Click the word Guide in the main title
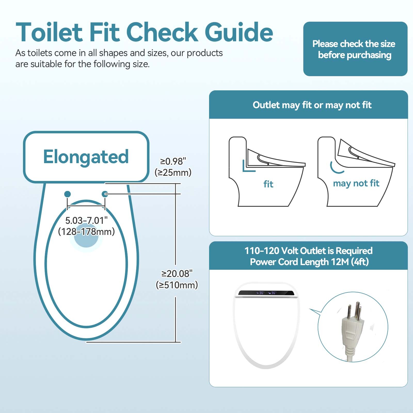pyautogui.click(x=239, y=32)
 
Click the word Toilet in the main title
pyautogui.click(x=49, y=32)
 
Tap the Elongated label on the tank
pyautogui.click(x=86, y=157)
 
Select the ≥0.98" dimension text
pyautogui.click(x=173, y=161)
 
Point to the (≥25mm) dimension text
pyautogui.click(x=173, y=172)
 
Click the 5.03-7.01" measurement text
pyautogui.click(x=86, y=221)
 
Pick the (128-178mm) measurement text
pyautogui.click(x=86, y=232)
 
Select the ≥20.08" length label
pyautogui.click(x=177, y=274)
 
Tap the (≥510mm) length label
pyautogui.click(x=177, y=285)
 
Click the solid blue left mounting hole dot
pyautogui.click(x=67, y=194)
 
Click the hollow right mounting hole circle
pyautogui.click(x=105, y=194)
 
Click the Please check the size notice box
pyautogui.click(x=355, y=49)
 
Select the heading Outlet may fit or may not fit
pyautogui.click(x=312, y=105)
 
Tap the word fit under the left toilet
pyautogui.click(x=268, y=184)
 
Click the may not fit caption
pyautogui.click(x=356, y=183)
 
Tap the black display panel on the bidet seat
pyautogui.click(x=266, y=293)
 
